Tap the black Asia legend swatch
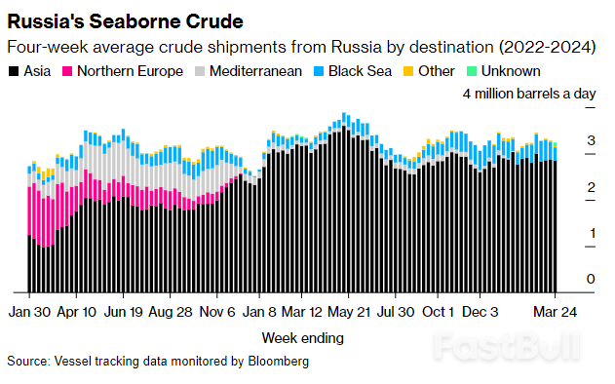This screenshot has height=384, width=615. (13, 71)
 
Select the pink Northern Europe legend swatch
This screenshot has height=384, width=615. (68, 71)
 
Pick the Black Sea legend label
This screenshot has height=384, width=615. (361, 71)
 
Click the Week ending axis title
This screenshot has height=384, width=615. (302, 338)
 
